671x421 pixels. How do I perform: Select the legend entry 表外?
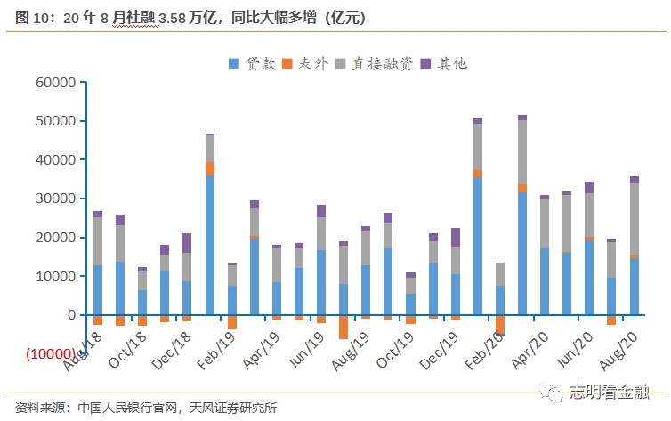pyautogui.click(x=306, y=63)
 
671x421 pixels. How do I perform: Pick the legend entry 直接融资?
pyautogui.click(x=374, y=63)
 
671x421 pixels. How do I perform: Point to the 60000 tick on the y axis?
pyautogui.click(x=56, y=82)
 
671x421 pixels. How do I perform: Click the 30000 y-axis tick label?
pyautogui.click(x=56, y=198)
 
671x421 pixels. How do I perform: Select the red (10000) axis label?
pyautogui.click(x=51, y=354)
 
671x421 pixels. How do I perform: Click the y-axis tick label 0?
pyautogui.click(x=70, y=315)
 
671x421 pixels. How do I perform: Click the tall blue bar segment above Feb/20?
pyautogui.click(x=478, y=245)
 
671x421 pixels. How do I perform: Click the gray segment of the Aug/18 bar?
pyautogui.click(x=98, y=241)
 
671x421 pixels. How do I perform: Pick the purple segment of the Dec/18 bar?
pyautogui.click(x=187, y=243)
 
